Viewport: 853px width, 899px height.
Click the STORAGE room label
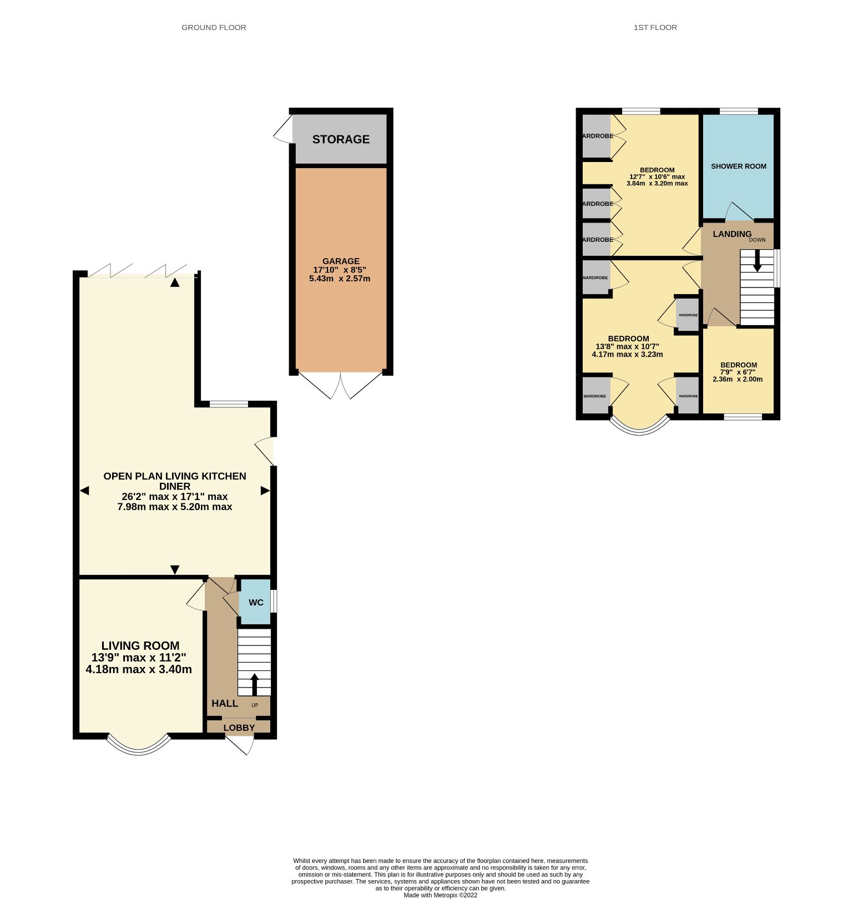pos(341,139)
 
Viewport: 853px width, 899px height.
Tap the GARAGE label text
pos(341,261)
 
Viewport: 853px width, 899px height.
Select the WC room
pos(255,602)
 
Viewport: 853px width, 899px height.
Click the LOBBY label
pos(239,728)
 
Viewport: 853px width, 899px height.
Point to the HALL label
pos(225,703)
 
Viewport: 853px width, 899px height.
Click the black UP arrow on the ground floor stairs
pos(255,684)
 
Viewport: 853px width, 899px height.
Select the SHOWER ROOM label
pos(738,166)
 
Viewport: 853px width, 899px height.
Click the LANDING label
pos(732,234)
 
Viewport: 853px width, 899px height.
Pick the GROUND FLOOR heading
pos(214,27)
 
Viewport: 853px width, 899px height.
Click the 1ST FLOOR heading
pos(655,27)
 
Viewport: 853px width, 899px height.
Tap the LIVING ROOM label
pos(140,645)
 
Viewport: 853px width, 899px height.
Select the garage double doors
pos(341,386)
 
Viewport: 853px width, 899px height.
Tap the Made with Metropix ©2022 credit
pos(440,895)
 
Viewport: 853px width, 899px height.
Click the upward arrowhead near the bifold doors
pos(175,282)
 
